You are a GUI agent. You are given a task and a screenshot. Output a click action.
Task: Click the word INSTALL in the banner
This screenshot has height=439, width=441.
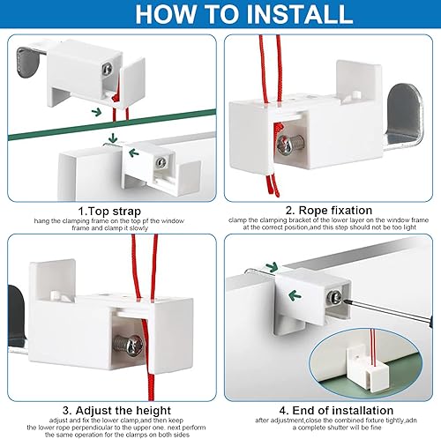tap(300, 13)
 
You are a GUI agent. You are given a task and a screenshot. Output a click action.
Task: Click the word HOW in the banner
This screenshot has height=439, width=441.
tap(166, 13)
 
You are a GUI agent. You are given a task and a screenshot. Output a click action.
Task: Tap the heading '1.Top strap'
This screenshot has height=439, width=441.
tap(109, 212)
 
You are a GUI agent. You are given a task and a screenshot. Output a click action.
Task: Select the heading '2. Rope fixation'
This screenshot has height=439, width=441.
tap(329, 211)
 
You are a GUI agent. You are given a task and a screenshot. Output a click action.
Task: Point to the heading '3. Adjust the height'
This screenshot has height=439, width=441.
tap(116, 410)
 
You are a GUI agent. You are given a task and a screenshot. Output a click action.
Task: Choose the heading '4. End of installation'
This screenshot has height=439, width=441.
tap(336, 410)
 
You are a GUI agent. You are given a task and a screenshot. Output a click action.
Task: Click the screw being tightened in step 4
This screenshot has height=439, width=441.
tap(334, 297)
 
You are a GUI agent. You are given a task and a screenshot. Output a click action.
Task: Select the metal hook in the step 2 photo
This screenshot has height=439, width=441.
tap(404, 117)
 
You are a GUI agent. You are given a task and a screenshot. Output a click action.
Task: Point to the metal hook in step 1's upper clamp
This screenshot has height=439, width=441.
tap(29, 62)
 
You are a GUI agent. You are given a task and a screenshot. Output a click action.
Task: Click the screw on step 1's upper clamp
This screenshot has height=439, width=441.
tap(108, 69)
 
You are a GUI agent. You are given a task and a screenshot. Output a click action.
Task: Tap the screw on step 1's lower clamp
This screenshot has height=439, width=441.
tap(161, 162)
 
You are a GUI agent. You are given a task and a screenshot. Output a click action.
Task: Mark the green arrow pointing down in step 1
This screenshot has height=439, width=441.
tap(112, 138)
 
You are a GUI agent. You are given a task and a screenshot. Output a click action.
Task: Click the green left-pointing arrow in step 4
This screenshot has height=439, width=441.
tap(295, 295)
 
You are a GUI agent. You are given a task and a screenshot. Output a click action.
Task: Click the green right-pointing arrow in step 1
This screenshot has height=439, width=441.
tap(97, 112)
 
